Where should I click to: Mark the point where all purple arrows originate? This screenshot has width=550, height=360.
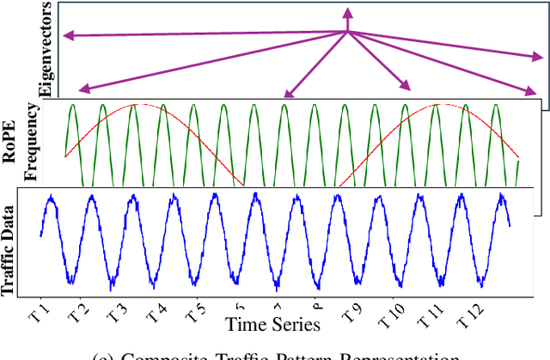click(x=347, y=33)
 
